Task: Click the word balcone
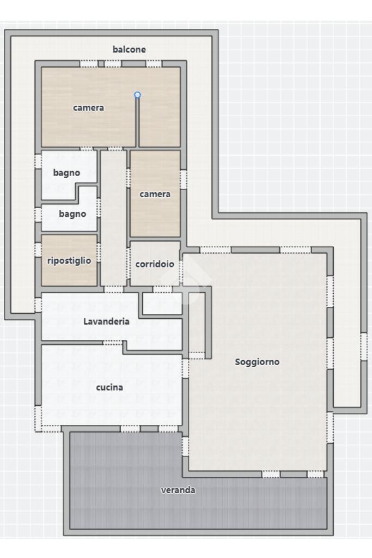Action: (129, 50)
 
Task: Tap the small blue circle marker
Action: (137, 95)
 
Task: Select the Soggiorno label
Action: (257, 362)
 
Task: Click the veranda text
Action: (178, 490)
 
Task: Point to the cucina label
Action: (109, 387)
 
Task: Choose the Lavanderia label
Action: (106, 322)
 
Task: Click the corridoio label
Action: (155, 264)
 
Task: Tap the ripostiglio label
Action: (69, 261)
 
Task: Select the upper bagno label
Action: (66, 173)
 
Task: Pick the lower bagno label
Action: (72, 214)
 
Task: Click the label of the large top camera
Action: (89, 107)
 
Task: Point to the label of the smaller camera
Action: (155, 194)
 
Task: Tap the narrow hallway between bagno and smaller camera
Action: (113, 218)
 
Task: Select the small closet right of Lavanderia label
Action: (162, 304)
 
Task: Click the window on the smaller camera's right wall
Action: (184, 179)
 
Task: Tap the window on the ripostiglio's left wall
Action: (38, 250)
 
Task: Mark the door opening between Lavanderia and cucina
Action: (113, 342)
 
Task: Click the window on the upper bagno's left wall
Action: (38, 161)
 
